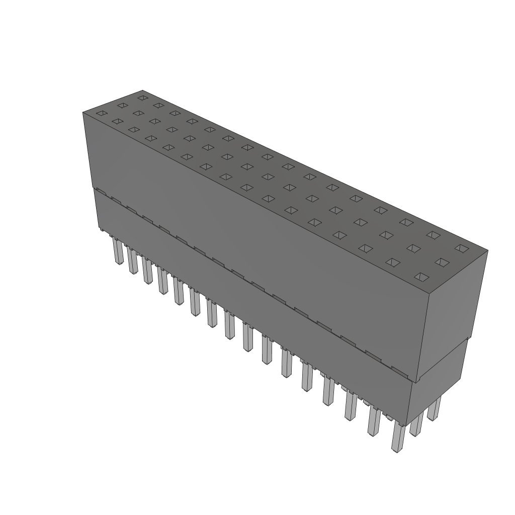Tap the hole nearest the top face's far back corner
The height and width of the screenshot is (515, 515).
click(143, 98)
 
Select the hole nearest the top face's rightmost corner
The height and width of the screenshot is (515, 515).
click(461, 247)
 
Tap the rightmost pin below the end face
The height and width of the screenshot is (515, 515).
click(434, 408)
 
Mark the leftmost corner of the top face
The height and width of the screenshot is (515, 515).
click(83, 113)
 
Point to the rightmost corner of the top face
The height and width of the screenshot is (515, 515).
click(487, 249)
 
